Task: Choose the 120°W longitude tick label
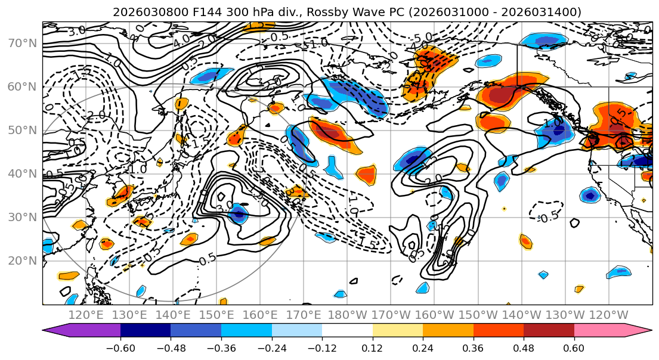[608, 315]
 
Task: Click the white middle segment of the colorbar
[347, 330]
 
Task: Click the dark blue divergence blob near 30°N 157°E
[239, 213]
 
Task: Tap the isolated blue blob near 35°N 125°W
[590, 195]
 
